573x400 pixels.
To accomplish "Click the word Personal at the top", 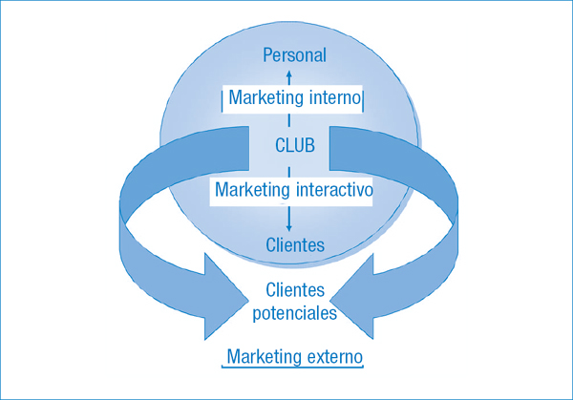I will pos(294,55).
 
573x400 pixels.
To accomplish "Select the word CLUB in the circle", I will pos(294,145).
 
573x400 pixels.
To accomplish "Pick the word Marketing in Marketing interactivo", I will pos(250,190).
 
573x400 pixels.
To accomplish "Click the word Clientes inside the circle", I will pos(294,245).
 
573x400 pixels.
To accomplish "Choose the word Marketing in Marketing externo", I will pos(265,357).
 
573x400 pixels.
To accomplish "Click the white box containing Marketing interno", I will pos(294,99).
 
